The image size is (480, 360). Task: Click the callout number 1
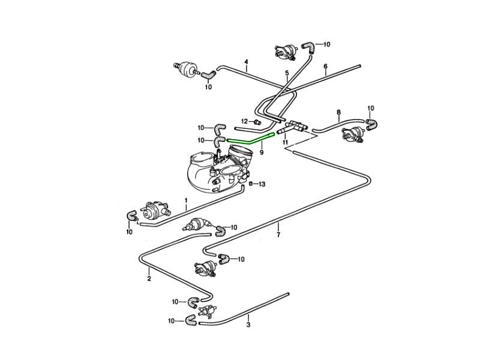186,199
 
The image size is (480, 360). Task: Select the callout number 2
149,278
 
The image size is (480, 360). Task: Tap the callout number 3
248,325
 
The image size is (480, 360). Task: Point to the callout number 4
246,62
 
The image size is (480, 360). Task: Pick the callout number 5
287,73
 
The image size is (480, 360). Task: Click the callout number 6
325,66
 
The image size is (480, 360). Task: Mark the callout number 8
338,112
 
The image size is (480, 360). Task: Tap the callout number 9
262,152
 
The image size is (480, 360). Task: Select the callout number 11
285,143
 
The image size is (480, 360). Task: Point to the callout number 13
262,184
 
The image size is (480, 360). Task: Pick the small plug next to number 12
256,122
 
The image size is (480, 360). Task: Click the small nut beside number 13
252,184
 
